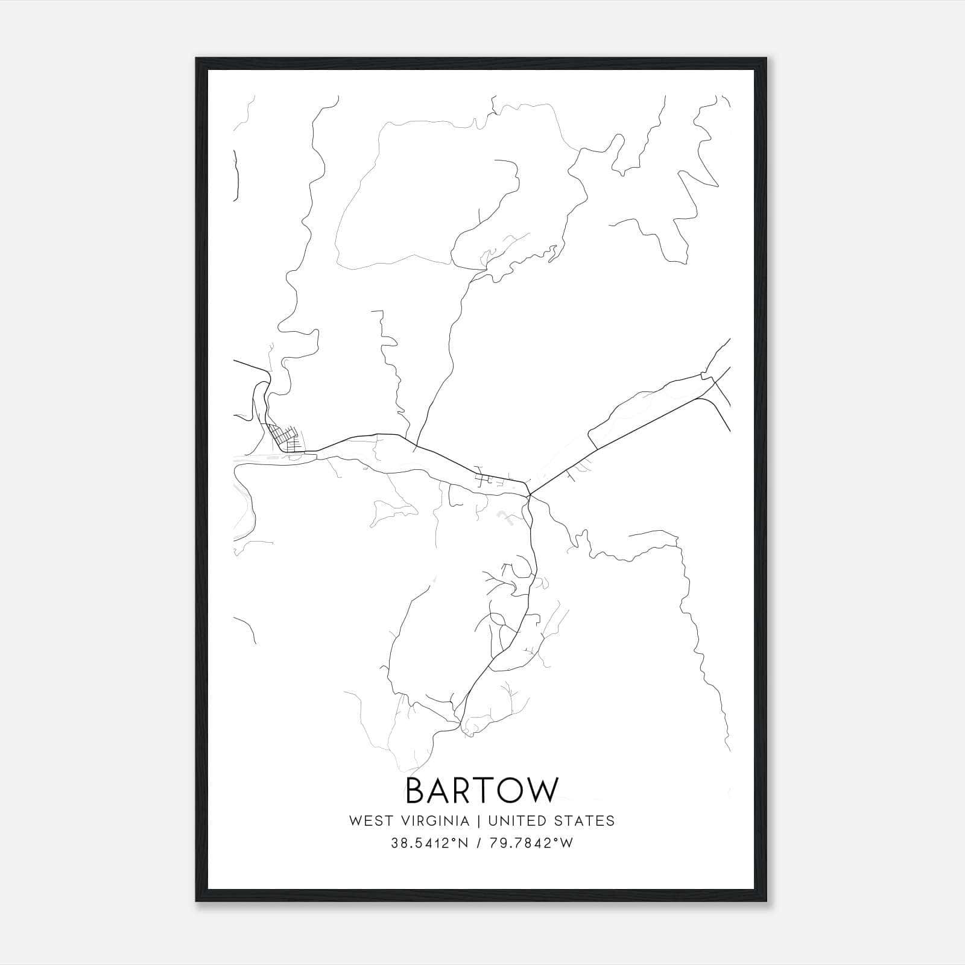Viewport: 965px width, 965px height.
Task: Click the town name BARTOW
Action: [x=482, y=790]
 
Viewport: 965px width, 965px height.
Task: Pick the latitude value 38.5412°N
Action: [x=429, y=843]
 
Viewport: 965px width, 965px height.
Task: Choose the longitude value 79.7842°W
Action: [x=530, y=843]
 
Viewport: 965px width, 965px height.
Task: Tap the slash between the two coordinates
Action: [x=479, y=843]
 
